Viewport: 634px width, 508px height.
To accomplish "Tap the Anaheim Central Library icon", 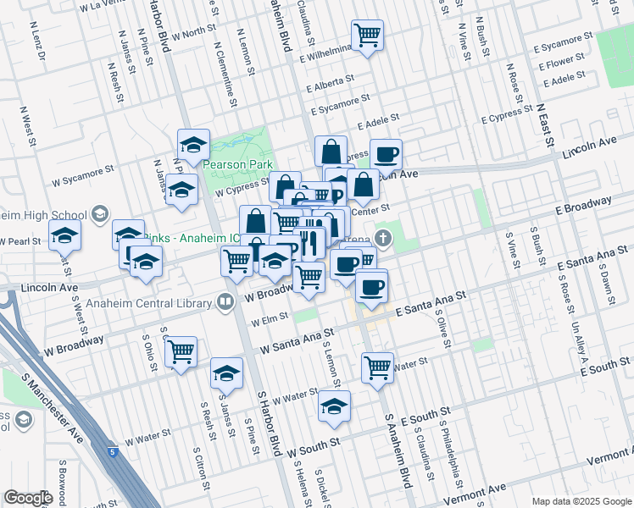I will pos(225,301).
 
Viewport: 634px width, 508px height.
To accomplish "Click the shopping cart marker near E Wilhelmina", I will pos(367,36).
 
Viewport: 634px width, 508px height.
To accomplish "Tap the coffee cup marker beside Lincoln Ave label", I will pos(386,154).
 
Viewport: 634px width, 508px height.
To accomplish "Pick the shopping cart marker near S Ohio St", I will pos(181,351).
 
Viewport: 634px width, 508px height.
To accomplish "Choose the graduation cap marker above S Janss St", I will pos(226,373).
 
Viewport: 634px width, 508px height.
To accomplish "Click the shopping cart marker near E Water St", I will pos(377,367).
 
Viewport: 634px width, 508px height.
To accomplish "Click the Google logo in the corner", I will pos(28,498).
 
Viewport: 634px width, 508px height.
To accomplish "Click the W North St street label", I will pos(193,34).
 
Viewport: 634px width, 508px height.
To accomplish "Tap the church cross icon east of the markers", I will pos(383,238).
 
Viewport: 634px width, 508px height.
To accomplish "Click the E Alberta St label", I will pos(336,86).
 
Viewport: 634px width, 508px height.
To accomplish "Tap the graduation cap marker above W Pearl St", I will pos(64,236).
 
